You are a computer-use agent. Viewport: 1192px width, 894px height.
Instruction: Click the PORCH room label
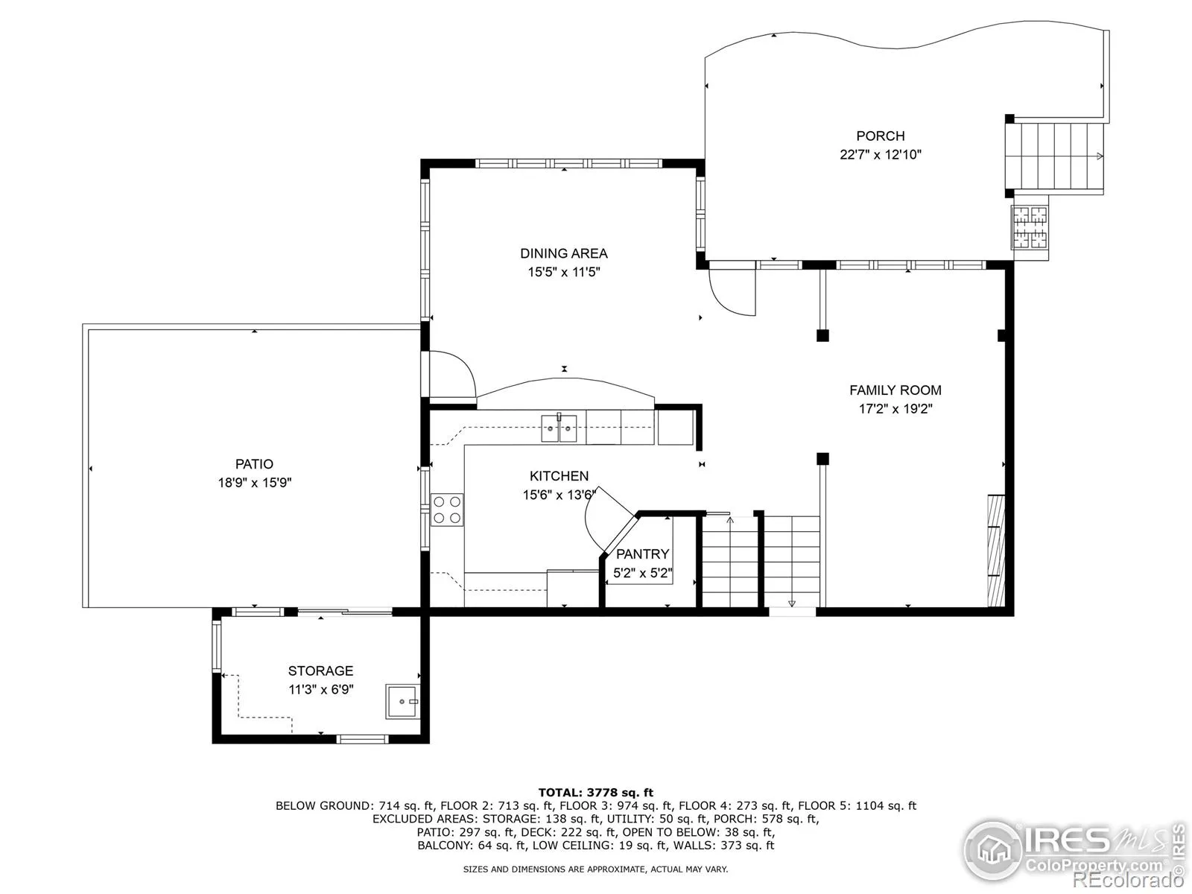881,136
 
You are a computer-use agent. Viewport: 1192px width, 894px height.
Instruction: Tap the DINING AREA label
564,253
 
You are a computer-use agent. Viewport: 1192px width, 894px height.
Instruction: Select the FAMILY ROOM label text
895,390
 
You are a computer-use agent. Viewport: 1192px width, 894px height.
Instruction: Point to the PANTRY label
642,554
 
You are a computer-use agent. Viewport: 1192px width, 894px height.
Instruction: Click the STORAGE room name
320,670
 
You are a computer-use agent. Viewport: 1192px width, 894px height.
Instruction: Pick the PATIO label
254,463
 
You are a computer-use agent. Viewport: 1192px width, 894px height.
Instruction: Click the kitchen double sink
559,428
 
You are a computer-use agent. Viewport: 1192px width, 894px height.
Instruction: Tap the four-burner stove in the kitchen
447,510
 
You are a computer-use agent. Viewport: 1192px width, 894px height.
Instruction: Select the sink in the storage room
402,702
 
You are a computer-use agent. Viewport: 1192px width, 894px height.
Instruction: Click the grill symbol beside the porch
1030,228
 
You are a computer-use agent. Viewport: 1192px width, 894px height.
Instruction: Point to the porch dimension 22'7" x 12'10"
881,155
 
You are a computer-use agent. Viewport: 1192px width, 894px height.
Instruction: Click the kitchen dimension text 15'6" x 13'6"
559,495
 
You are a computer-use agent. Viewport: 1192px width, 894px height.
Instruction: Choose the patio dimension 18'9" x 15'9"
255,483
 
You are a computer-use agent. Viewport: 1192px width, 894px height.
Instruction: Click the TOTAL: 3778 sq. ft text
596,793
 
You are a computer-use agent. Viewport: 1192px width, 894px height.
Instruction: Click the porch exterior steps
1053,156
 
